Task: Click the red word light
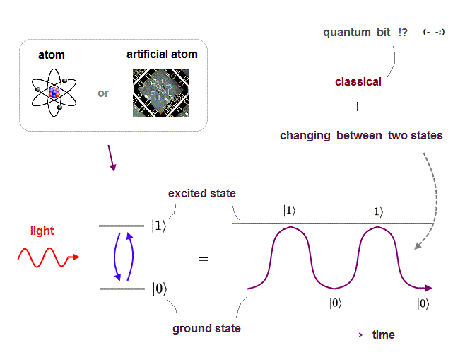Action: click(42, 231)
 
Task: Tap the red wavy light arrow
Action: click(48, 257)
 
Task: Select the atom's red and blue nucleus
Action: click(54, 93)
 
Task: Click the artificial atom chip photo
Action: click(160, 93)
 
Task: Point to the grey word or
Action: click(103, 93)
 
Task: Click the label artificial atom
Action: click(162, 54)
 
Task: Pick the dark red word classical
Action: click(358, 81)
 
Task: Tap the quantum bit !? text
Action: click(365, 32)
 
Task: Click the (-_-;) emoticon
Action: click(434, 32)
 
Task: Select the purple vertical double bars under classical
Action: click(358, 106)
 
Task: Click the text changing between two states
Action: click(361, 135)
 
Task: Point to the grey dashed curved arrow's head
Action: click(418, 245)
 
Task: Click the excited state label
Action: click(202, 194)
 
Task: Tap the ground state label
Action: click(206, 329)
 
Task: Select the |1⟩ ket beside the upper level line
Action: click(159, 226)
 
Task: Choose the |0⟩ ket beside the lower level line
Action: click(160, 289)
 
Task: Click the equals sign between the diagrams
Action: click(203, 259)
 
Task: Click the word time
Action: click(384, 335)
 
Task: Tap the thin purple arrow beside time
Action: click(339, 335)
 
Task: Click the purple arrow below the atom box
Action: click(112, 158)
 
